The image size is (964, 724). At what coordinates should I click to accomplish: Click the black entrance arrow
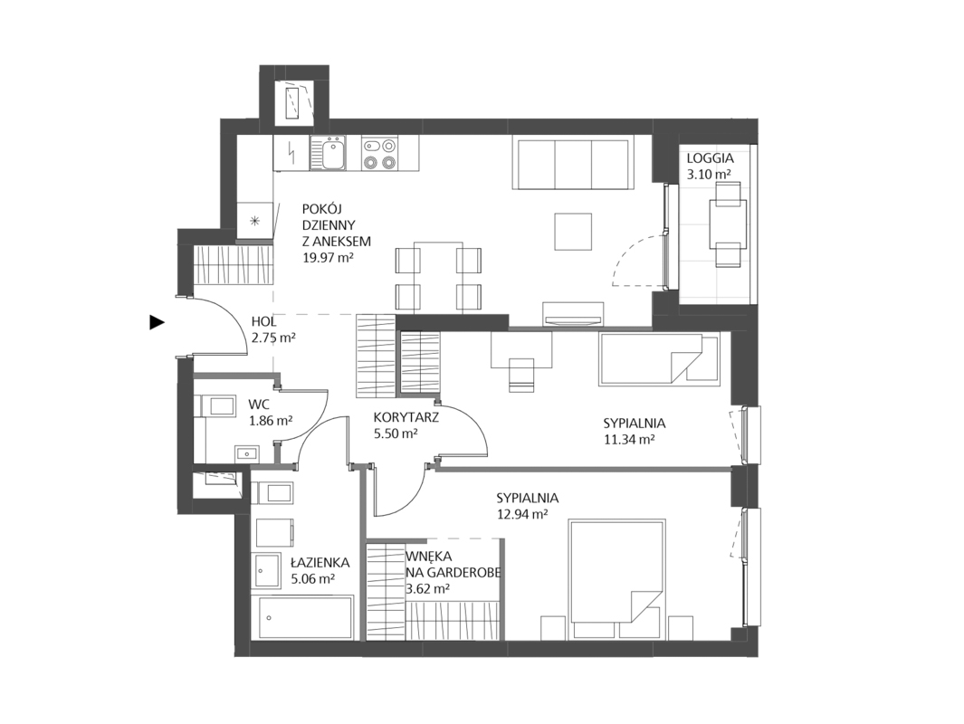pos(157,322)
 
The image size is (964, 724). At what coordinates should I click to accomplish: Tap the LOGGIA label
pos(710,158)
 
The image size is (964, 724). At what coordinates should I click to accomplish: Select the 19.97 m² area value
pos(328,257)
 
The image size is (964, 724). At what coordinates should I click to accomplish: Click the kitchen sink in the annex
pos(328,153)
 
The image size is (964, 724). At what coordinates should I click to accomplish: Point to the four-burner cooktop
pos(378,154)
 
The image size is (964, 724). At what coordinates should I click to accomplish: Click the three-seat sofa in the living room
pos(573,164)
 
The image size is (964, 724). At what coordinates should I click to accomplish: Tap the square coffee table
pos(573,232)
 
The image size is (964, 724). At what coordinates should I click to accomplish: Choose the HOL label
pos(263,321)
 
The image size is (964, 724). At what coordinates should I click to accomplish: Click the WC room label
pos(258,405)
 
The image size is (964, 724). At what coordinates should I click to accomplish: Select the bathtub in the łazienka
pos(306,617)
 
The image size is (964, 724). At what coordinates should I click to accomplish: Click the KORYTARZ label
pos(406,417)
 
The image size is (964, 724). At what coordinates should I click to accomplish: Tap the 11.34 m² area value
pos(628,439)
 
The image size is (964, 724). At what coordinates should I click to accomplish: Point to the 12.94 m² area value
pos(522,514)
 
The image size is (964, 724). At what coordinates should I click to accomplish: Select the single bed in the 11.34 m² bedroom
pos(659,359)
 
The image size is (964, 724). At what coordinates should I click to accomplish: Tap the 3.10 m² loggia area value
pos(709,174)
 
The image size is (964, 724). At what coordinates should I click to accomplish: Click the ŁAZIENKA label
pos(320,562)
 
